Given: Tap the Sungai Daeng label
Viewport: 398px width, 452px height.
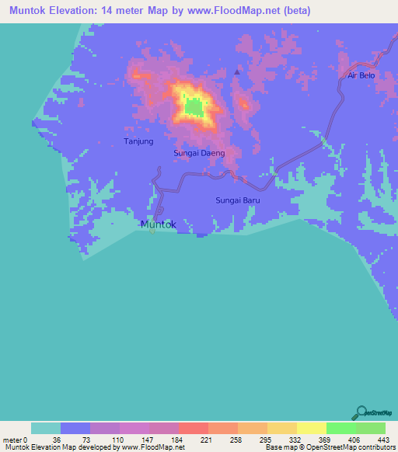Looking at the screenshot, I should pos(199,153).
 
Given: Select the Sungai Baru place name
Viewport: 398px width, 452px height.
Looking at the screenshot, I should pos(237,200).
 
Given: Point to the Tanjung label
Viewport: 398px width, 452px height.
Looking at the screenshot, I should pos(139,141).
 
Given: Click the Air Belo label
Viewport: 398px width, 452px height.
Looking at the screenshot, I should pos(361,75).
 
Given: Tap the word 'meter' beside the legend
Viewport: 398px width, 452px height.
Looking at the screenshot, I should pos(12,440).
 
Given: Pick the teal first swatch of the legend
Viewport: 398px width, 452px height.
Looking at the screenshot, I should pos(46,428).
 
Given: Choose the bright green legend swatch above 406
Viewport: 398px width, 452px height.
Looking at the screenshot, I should pos(340,428).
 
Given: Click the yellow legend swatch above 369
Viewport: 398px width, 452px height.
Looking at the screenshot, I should pos(311,428).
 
